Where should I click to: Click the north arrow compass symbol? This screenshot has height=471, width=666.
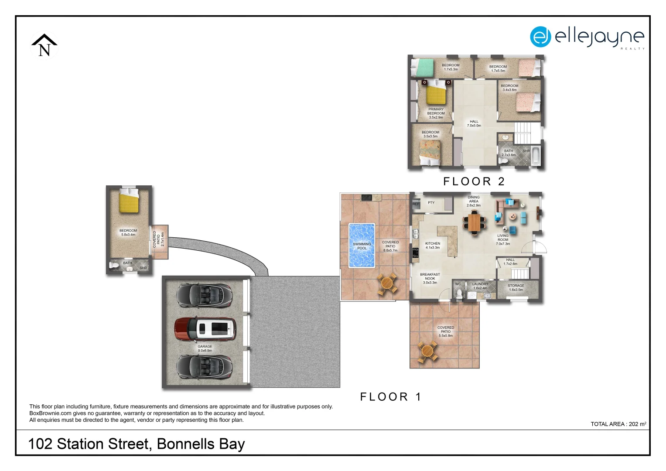(44, 46)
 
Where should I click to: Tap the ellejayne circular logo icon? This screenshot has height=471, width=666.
(540, 37)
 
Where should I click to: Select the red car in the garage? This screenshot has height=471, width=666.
(205, 328)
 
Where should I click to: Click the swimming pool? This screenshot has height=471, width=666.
(362, 246)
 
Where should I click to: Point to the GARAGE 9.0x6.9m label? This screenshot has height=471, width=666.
(205, 348)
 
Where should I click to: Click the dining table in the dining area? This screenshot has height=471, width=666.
(474, 222)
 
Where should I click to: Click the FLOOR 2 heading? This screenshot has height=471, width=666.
(474, 181)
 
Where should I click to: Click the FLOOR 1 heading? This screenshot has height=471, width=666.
(390, 397)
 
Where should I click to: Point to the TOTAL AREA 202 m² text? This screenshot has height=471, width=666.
(618, 424)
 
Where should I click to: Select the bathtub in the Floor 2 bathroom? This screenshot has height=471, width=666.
(536, 157)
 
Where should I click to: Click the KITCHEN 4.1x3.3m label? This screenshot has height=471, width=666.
(433, 246)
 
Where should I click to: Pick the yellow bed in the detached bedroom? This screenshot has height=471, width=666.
(129, 201)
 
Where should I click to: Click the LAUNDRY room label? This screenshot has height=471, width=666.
(480, 286)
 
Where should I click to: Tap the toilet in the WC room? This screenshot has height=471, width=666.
(459, 293)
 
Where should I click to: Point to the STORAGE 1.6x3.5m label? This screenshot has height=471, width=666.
(516, 287)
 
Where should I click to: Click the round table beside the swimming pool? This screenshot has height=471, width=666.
(387, 284)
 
